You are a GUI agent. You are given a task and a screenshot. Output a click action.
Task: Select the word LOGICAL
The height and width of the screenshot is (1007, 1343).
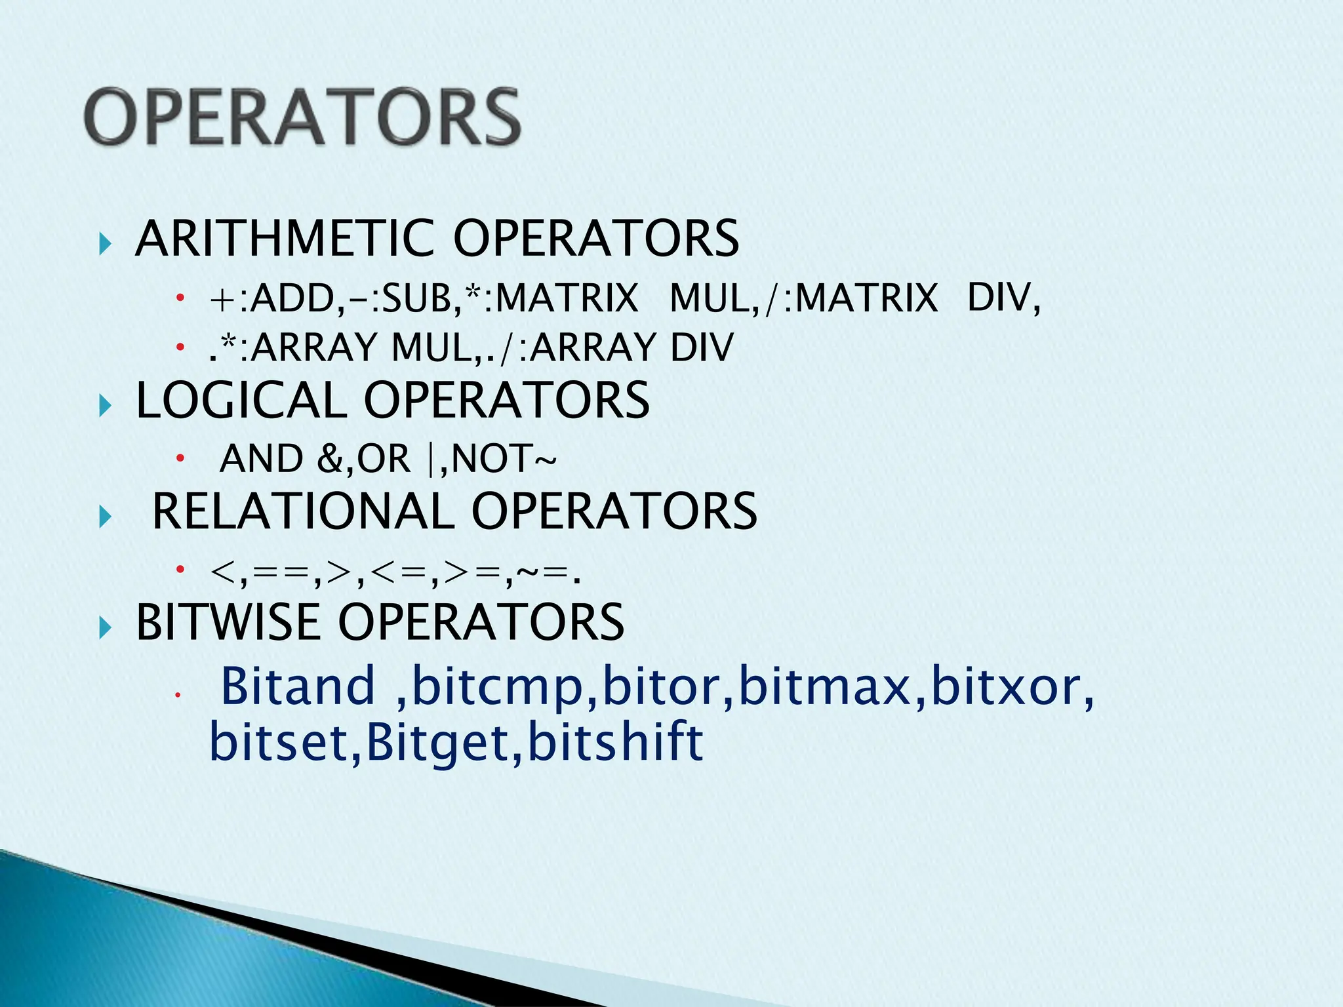pyautogui.click(x=241, y=400)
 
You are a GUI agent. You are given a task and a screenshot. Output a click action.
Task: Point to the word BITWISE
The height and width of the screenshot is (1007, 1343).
pyautogui.click(x=228, y=622)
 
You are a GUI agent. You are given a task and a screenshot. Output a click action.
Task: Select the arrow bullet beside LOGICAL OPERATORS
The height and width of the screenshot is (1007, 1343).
pyautogui.click(x=105, y=407)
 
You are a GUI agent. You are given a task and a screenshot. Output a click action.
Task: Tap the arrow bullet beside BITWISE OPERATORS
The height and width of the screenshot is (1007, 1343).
pyautogui.click(x=105, y=629)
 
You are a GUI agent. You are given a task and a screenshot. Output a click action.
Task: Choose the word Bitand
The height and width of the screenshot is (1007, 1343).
pyautogui.click(x=298, y=686)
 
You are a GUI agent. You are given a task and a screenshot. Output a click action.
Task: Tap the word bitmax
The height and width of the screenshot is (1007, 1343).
pyautogui.click(x=825, y=686)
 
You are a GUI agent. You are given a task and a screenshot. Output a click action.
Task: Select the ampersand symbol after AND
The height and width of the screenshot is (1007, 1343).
pyautogui.click(x=329, y=459)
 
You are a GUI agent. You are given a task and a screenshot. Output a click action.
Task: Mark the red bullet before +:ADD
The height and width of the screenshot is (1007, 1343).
pyautogui.click(x=180, y=298)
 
